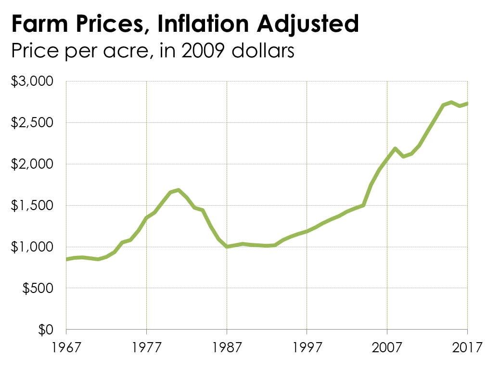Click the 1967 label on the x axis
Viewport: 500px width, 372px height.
click(66, 347)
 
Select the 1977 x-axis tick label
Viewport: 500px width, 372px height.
click(146, 347)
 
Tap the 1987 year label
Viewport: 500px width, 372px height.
click(227, 347)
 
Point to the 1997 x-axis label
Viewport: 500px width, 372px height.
click(307, 347)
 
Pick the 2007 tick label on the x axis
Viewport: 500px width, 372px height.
click(387, 347)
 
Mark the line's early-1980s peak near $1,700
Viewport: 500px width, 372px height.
click(179, 190)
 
